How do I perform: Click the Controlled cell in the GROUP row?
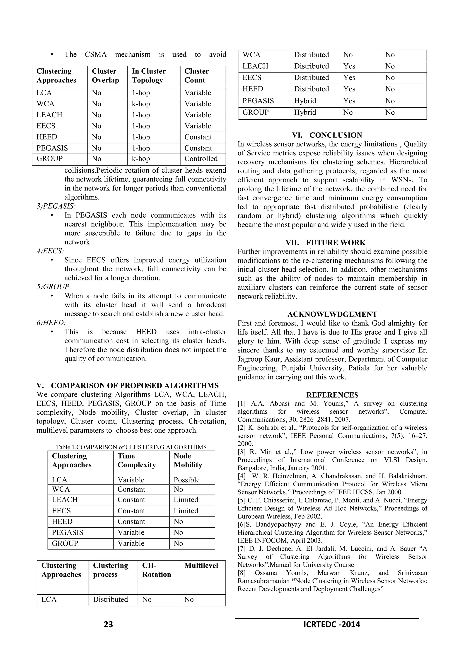[x=201, y=159]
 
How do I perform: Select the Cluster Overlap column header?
[x=105, y=76]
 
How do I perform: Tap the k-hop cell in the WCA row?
[x=141, y=104]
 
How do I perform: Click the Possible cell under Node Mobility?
[x=186, y=480]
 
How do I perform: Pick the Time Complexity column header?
[x=137, y=460]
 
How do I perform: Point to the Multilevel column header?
[x=201, y=565]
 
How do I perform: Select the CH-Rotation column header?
[x=156, y=570]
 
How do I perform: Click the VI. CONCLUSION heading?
[x=327, y=135]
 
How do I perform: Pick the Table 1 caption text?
[x=131, y=447]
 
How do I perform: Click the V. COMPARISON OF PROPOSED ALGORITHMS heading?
[x=127, y=386]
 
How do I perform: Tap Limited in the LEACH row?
[x=186, y=499]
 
